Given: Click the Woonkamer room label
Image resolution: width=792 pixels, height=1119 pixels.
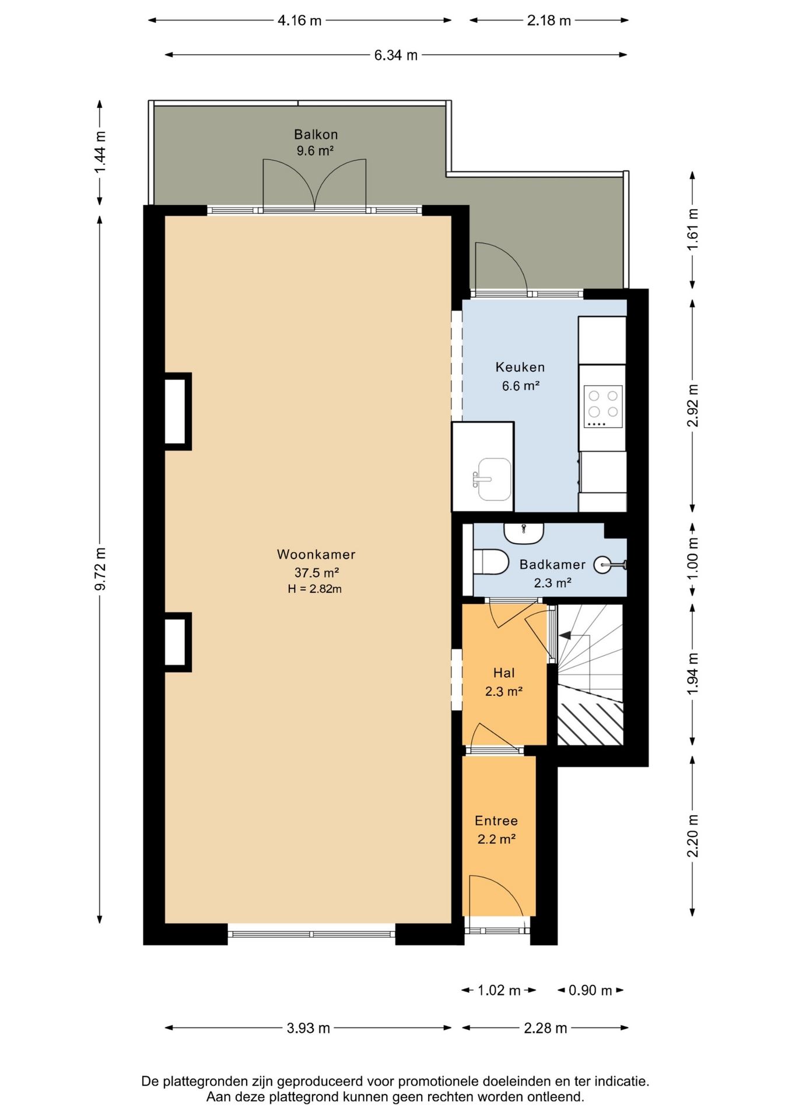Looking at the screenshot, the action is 316,554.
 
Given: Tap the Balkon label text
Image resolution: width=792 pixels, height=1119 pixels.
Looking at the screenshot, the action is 316,135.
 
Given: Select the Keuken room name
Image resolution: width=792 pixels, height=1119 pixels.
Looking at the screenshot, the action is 520,367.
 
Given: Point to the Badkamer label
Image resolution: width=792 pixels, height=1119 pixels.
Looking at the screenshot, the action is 552,564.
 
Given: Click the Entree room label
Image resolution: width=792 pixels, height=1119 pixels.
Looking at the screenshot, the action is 496,821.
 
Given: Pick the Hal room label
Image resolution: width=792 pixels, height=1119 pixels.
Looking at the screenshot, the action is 504,673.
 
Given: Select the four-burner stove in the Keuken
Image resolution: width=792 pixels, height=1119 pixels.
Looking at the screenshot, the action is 603,407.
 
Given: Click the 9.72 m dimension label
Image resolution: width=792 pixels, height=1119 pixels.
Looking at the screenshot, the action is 100,569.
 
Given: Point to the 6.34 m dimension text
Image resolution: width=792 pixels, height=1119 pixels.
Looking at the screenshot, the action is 396,55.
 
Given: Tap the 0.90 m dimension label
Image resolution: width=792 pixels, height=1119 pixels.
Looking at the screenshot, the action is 590,990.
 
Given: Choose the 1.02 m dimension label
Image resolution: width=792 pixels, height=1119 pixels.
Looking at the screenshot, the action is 499,990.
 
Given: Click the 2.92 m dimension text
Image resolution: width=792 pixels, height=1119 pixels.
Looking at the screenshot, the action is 693,405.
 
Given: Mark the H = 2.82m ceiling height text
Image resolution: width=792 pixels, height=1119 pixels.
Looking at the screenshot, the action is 315,589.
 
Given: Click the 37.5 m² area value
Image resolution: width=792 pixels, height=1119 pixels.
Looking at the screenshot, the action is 317,572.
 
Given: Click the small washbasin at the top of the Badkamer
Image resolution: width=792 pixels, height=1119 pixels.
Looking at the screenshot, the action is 524,532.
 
